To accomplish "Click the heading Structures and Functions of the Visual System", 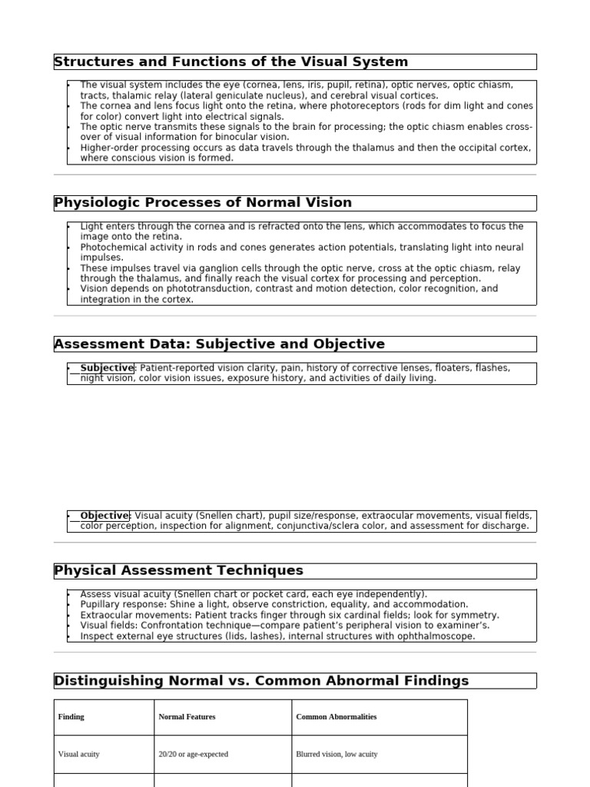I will coord(231,61).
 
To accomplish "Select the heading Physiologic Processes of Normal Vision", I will coord(203,203).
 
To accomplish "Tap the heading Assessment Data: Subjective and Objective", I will coord(220,344).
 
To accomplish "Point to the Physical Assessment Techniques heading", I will coord(178,570).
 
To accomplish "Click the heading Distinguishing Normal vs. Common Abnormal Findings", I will coord(261,681).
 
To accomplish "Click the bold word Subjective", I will coord(107,368).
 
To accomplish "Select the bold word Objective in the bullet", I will coord(104,516).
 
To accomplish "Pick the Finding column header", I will coord(71,717).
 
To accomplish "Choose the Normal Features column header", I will coord(187,717).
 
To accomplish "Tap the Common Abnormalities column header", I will coord(336,717).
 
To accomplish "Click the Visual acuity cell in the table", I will coord(79,755).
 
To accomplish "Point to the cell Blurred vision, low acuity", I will coord(336,755).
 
